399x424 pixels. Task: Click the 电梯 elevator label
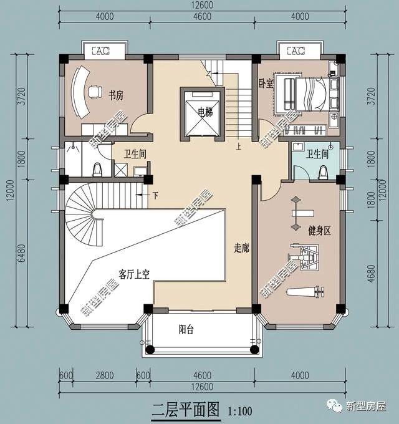pos(205,112)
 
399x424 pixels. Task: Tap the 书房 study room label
pos(116,95)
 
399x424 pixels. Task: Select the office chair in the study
pos(95,92)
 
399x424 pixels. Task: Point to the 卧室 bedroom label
pos(266,84)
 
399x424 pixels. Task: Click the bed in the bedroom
pos(311,94)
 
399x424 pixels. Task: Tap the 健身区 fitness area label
pos(320,231)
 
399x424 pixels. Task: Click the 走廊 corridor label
pos(242,248)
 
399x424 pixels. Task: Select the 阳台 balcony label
pos(186,329)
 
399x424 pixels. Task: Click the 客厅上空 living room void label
pos(134,274)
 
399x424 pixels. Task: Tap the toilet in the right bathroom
pos(323,173)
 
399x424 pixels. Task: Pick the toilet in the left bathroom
pos(97,170)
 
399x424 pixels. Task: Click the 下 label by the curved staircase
pos(155,195)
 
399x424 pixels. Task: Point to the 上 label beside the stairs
pos(239,147)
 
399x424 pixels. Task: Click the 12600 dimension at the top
pos(203,5)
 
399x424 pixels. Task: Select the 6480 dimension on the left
pos(22,253)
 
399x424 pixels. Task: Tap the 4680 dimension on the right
pos(372,273)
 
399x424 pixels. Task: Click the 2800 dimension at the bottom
pos(105,375)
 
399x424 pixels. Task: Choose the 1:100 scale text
pos(240,411)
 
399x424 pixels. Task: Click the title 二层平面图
pos(186,410)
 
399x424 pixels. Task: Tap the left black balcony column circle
pos(150,350)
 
